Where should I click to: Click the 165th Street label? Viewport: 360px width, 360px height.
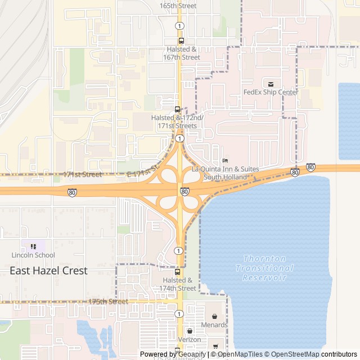pyautogui.click(x=178, y=6)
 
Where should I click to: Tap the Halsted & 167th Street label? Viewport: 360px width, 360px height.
pyautogui.click(x=181, y=53)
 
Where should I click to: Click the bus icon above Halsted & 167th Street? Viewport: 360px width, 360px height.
pyautogui.click(x=181, y=40)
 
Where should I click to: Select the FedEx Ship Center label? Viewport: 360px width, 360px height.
pyautogui.click(x=271, y=92)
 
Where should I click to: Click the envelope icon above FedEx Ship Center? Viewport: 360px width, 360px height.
pyautogui.click(x=271, y=84)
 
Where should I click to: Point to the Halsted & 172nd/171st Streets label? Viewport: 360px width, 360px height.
pyautogui.click(x=174, y=121)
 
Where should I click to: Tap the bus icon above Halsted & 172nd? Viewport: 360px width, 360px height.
pyautogui.click(x=177, y=109)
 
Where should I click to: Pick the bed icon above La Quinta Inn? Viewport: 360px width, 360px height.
pyautogui.click(x=226, y=161)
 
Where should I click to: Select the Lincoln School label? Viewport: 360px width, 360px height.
pyautogui.click(x=33, y=255)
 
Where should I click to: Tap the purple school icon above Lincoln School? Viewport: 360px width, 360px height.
pyautogui.click(x=33, y=246)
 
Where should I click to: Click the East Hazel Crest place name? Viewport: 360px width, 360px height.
pyautogui.click(x=48, y=271)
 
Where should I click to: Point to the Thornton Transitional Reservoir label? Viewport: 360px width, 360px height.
pyautogui.click(x=264, y=268)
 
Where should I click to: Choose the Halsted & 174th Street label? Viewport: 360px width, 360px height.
pyautogui.click(x=178, y=284)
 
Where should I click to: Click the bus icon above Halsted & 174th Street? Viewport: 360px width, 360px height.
pyautogui.click(x=178, y=271)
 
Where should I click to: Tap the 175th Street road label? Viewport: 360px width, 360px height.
pyautogui.click(x=108, y=301)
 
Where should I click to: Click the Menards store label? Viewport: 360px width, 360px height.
pyautogui.click(x=214, y=325)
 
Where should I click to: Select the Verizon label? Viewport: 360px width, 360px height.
pyautogui.click(x=189, y=339)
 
